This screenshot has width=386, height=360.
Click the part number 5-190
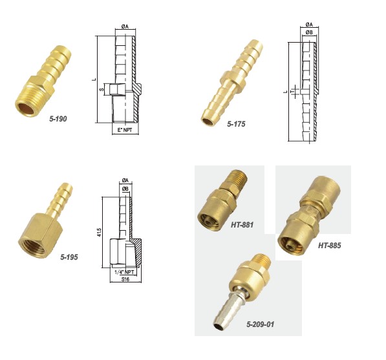58,119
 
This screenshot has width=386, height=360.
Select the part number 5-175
236,124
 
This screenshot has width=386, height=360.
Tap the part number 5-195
69,257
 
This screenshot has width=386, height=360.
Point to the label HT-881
242,225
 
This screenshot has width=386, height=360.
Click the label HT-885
329,246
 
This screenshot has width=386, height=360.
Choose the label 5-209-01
260,324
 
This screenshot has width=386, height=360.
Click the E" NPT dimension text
125,130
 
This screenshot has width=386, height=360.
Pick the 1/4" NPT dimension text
125,272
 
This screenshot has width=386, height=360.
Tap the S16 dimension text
125,279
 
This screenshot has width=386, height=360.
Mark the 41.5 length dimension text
99,232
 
